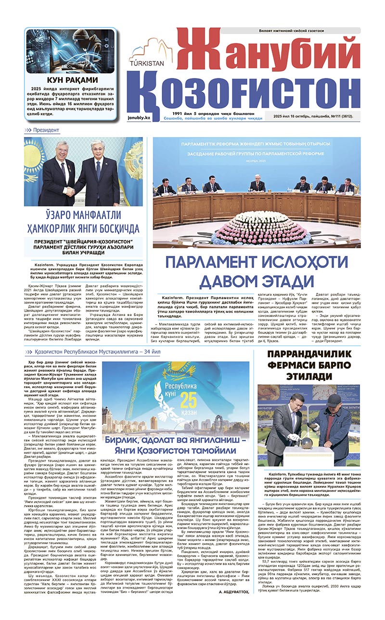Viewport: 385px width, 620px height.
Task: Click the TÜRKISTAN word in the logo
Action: (x=147, y=62)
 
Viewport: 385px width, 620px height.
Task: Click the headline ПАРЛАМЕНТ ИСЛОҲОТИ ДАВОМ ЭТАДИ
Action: (x=256, y=272)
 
